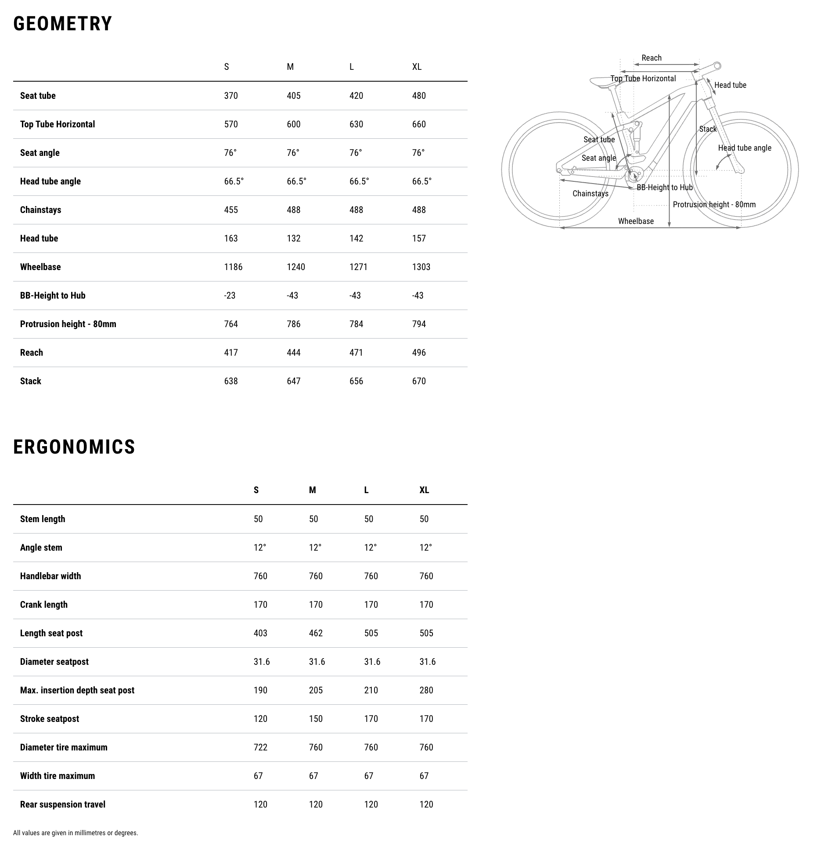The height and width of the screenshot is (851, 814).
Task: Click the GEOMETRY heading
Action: [x=63, y=24]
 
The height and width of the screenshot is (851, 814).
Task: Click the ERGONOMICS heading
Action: [x=74, y=447]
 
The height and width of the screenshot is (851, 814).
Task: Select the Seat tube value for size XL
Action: [x=418, y=96]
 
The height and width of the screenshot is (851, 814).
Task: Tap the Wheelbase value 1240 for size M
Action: [x=295, y=267]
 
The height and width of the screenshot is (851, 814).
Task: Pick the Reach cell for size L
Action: [x=356, y=353]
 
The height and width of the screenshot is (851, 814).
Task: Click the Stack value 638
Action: [x=231, y=381]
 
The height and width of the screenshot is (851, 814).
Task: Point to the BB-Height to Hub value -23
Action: [x=229, y=296]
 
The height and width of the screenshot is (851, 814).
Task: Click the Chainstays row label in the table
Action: [x=40, y=210]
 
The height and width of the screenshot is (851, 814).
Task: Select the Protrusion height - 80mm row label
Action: [x=68, y=324]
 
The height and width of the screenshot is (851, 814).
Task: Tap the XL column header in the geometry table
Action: [x=417, y=67]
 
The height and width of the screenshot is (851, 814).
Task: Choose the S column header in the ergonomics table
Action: [x=256, y=490]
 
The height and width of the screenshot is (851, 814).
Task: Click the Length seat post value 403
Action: [x=260, y=633]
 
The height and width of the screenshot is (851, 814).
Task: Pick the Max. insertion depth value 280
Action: [x=426, y=690]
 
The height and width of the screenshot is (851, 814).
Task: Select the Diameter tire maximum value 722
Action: [x=260, y=747]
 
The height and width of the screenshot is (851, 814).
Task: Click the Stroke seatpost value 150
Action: [x=315, y=719]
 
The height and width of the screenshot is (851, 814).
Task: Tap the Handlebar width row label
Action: [x=50, y=576]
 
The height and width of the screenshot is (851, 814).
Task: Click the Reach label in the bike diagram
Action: [x=651, y=58]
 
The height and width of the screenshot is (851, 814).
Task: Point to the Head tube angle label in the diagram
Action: [x=744, y=148]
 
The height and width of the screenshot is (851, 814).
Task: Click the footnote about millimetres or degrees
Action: [x=76, y=833]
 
